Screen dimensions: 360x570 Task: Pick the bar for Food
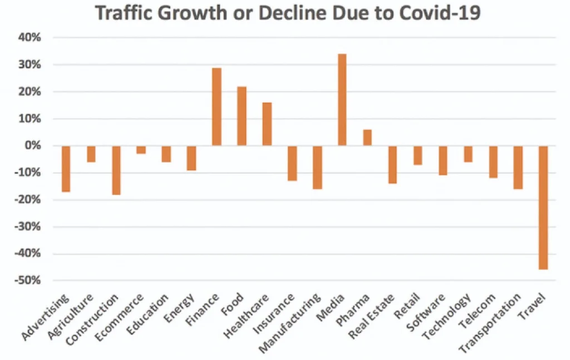point(242,116)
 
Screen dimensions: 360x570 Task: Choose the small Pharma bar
point(367,137)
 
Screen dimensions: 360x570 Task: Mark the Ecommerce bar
point(141,150)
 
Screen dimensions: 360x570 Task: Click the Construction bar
point(116,170)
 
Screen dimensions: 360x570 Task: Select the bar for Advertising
point(66,169)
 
